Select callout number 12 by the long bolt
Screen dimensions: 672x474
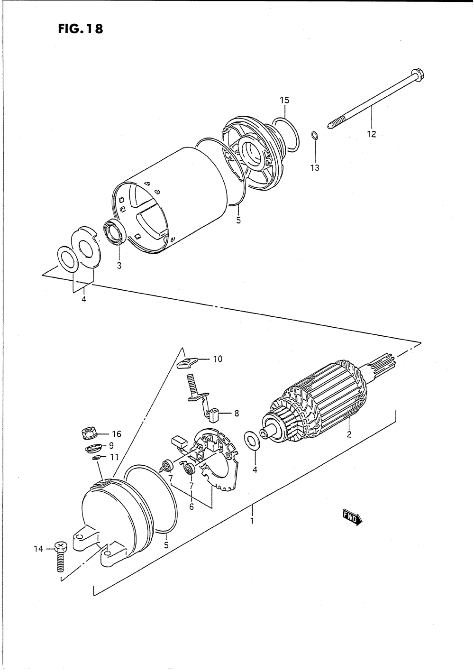point(371,134)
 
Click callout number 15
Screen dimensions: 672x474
point(284,100)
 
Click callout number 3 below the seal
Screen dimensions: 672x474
point(119,266)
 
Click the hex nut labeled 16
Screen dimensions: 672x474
point(89,433)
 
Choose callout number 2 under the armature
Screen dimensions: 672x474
point(348,434)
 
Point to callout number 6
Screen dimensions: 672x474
point(191,506)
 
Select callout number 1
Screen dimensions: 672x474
point(252,520)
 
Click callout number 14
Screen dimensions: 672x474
point(38,549)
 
